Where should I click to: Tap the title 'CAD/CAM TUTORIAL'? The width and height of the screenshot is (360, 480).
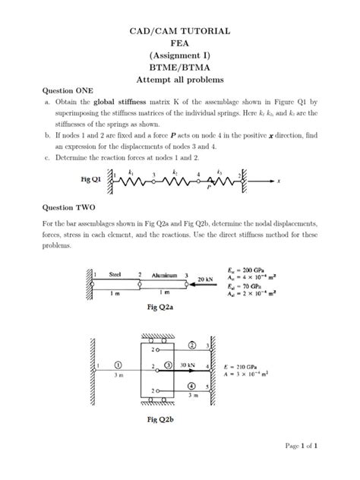tap(179, 31)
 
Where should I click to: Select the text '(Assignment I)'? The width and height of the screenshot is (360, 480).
tap(179, 55)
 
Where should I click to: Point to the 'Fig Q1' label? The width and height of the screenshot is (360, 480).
tap(90, 181)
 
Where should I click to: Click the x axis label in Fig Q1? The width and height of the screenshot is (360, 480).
tap(279, 182)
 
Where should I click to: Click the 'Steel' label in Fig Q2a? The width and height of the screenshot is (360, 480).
tap(116, 274)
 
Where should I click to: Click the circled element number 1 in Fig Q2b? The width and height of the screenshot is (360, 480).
tap(117, 365)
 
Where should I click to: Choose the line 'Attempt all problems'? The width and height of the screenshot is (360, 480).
tap(179, 78)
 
